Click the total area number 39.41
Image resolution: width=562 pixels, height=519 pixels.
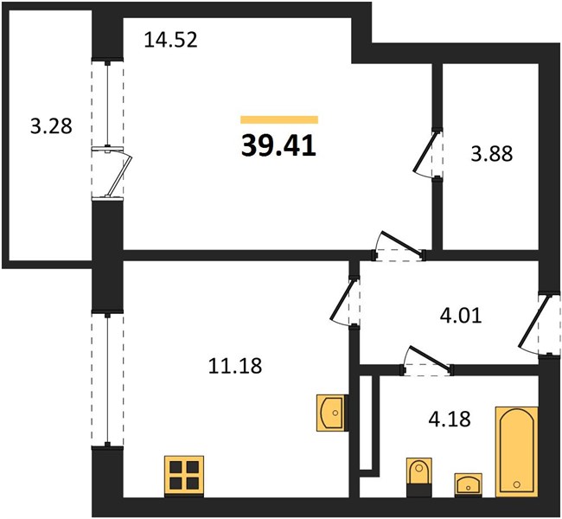tap(278, 146)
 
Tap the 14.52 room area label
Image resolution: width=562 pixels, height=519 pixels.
tap(170, 40)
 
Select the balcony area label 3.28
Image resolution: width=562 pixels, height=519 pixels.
tap(51, 126)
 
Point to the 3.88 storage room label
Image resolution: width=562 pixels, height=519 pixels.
tap(492, 154)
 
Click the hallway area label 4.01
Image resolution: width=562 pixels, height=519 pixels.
tap(461, 317)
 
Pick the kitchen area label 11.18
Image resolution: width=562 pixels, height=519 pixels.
tap(235, 366)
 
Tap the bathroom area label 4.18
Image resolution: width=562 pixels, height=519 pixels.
tap(450, 419)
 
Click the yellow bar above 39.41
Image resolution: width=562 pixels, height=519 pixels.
tap(279, 119)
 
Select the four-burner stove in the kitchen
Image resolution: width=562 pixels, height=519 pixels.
tap(184, 477)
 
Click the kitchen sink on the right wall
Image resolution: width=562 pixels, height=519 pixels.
tap(332, 413)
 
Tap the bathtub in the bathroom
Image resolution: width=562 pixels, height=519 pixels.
tap(516, 452)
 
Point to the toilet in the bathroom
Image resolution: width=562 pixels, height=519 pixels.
tap(419, 477)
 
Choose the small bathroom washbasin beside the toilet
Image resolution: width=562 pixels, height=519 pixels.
tap(468, 485)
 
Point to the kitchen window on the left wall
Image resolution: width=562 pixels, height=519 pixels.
tap(107, 380)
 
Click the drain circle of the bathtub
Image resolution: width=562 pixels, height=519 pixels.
tap(516, 484)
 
